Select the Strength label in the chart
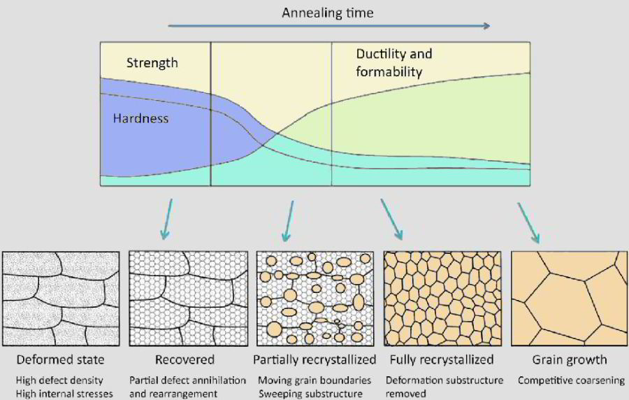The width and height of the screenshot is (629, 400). [152, 63]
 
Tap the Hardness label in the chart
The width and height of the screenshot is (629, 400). [140, 118]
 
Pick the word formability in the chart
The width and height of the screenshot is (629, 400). [389, 71]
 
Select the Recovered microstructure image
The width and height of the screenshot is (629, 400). [185, 298]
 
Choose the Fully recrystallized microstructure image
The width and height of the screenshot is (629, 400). [442, 298]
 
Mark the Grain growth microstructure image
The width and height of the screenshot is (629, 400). [570, 298]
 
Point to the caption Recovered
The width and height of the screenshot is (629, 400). [185, 360]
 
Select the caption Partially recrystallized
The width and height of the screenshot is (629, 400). [314, 360]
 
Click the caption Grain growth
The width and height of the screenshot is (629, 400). [570, 360]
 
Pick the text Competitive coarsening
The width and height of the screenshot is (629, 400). [571, 380]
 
